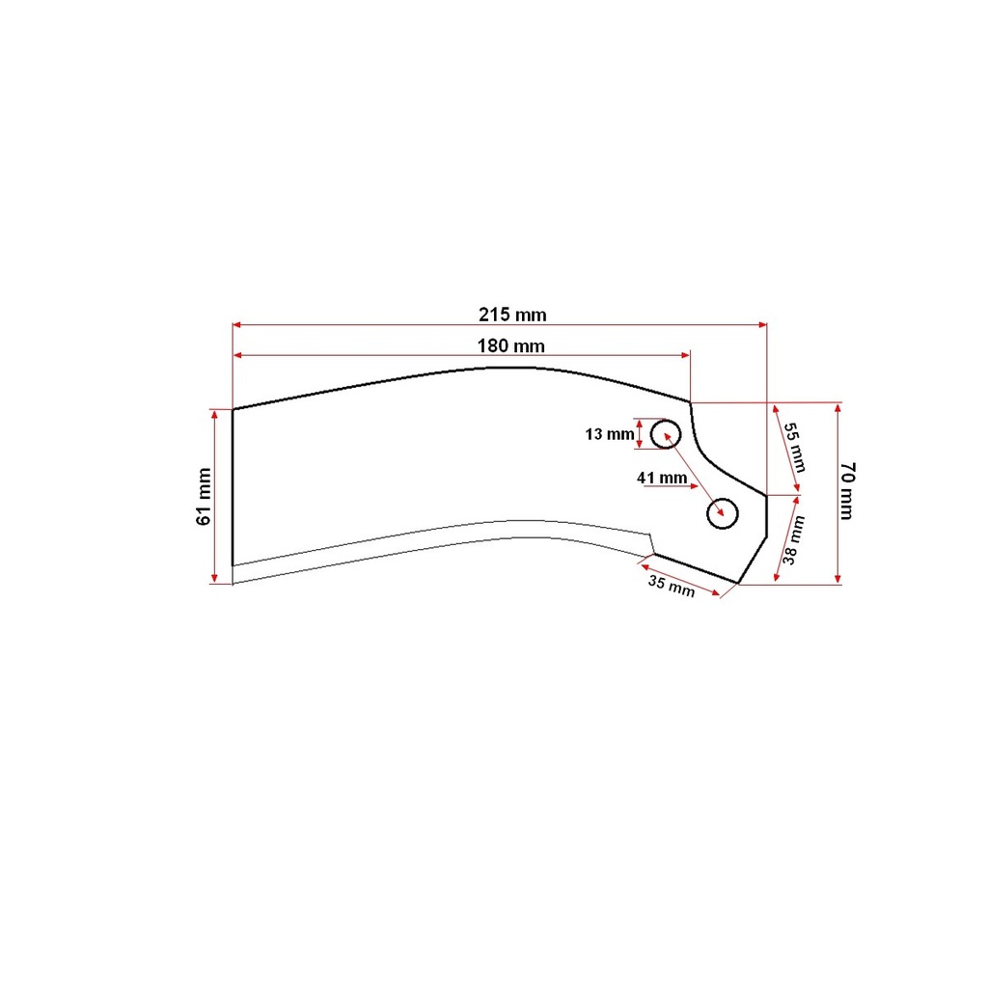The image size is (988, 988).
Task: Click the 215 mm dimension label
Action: pyautogui.click(x=512, y=315)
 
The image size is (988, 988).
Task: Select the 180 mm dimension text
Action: pyautogui.click(x=510, y=346)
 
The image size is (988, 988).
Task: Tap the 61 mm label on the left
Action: pyautogui.click(x=204, y=497)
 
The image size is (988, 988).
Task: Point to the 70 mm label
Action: pyautogui.click(x=848, y=491)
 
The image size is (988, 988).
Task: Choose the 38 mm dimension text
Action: pyautogui.click(x=793, y=540)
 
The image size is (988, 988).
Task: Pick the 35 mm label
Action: pyautogui.click(x=672, y=586)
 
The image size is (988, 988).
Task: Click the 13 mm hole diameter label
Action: pyautogui.click(x=610, y=434)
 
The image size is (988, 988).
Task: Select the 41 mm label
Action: pyautogui.click(x=662, y=478)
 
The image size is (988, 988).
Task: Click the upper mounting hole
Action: pyautogui.click(x=666, y=433)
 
